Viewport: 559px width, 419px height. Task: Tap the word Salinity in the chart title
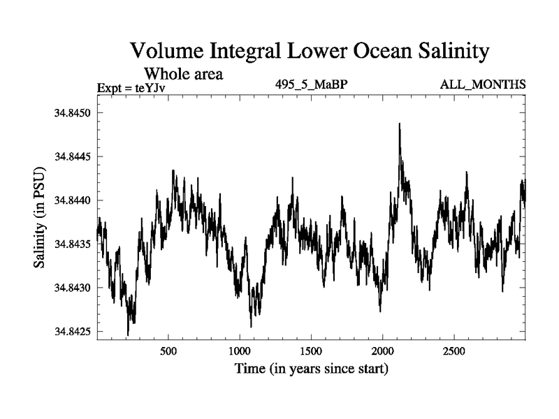click(x=444, y=51)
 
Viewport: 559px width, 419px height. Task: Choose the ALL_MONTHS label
click(x=482, y=85)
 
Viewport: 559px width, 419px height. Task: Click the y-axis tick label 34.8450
click(x=72, y=113)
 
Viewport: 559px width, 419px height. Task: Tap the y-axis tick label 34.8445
click(x=72, y=156)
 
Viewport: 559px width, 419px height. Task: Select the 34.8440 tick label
click(x=72, y=200)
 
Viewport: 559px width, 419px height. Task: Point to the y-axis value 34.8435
click(x=72, y=244)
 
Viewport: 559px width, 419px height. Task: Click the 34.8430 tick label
click(x=72, y=288)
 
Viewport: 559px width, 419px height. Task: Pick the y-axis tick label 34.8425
click(x=72, y=332)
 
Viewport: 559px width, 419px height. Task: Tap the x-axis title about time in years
click(x=311, y=368)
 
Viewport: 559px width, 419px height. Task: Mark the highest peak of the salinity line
click(x=399, y=124)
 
